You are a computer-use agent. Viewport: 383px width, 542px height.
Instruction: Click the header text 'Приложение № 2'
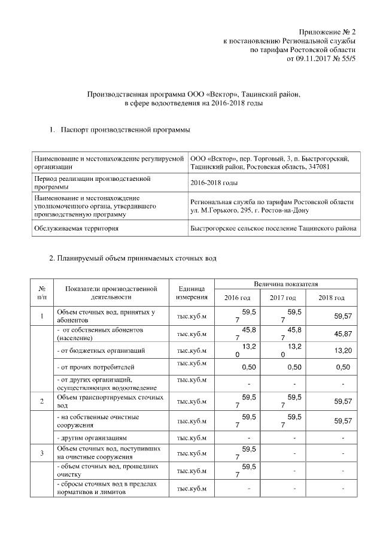click(x=327, y=31)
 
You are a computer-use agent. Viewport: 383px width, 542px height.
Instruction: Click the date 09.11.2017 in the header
click(x=315, y=60)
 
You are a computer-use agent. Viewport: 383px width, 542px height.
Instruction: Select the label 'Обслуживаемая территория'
click(x=84, y=228)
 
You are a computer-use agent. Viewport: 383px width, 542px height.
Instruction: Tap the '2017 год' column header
click(x=282, y=298)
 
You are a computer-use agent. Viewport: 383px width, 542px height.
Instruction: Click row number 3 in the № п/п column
click(x=42, y=453)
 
